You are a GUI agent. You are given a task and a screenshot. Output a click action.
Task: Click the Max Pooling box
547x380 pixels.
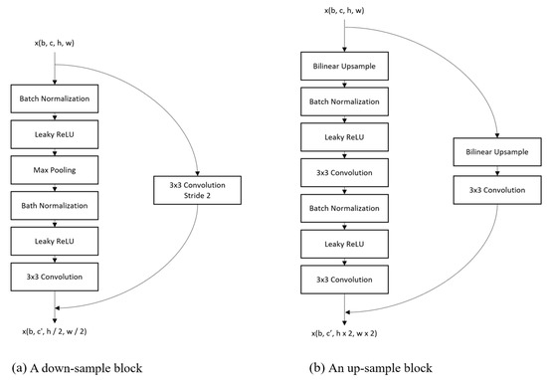pyautogui.click(x=55, y=171)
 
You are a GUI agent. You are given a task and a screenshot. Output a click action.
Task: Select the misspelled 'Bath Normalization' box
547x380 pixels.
pyautogui.click(x=55, y=206)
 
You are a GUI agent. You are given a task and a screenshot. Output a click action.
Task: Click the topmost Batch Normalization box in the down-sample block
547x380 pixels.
pyautogui.click(x=55, y=99)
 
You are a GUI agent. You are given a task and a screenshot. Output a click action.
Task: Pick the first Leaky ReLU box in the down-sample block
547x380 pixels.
pyautogui.click(x=55, y=135)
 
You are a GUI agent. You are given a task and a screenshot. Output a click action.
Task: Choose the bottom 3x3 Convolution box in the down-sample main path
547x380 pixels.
pyautogui.click(x=55, y=277)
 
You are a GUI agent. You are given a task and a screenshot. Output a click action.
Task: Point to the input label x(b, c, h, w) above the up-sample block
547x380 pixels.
pyautogui.click(x=345, y=10)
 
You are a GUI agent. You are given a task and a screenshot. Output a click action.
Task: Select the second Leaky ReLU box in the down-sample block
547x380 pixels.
pyautogui.click(x=55, y=242)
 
